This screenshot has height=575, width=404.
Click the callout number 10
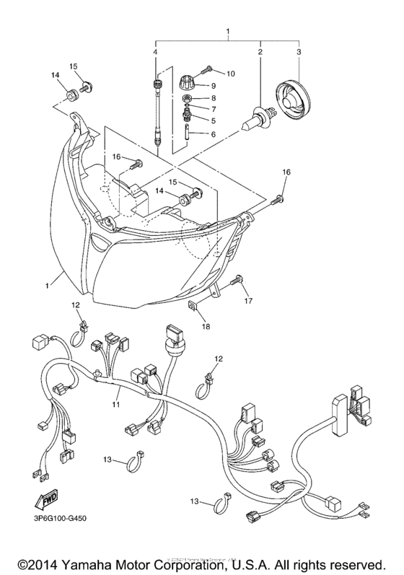coord(231,74)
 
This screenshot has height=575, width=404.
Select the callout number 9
coord(214,85)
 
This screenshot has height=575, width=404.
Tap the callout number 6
coord(214,134)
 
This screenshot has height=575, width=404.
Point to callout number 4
coord(154,52)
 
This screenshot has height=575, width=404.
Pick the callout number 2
coord(260,52)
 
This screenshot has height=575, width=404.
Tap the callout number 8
coord(214,97)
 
